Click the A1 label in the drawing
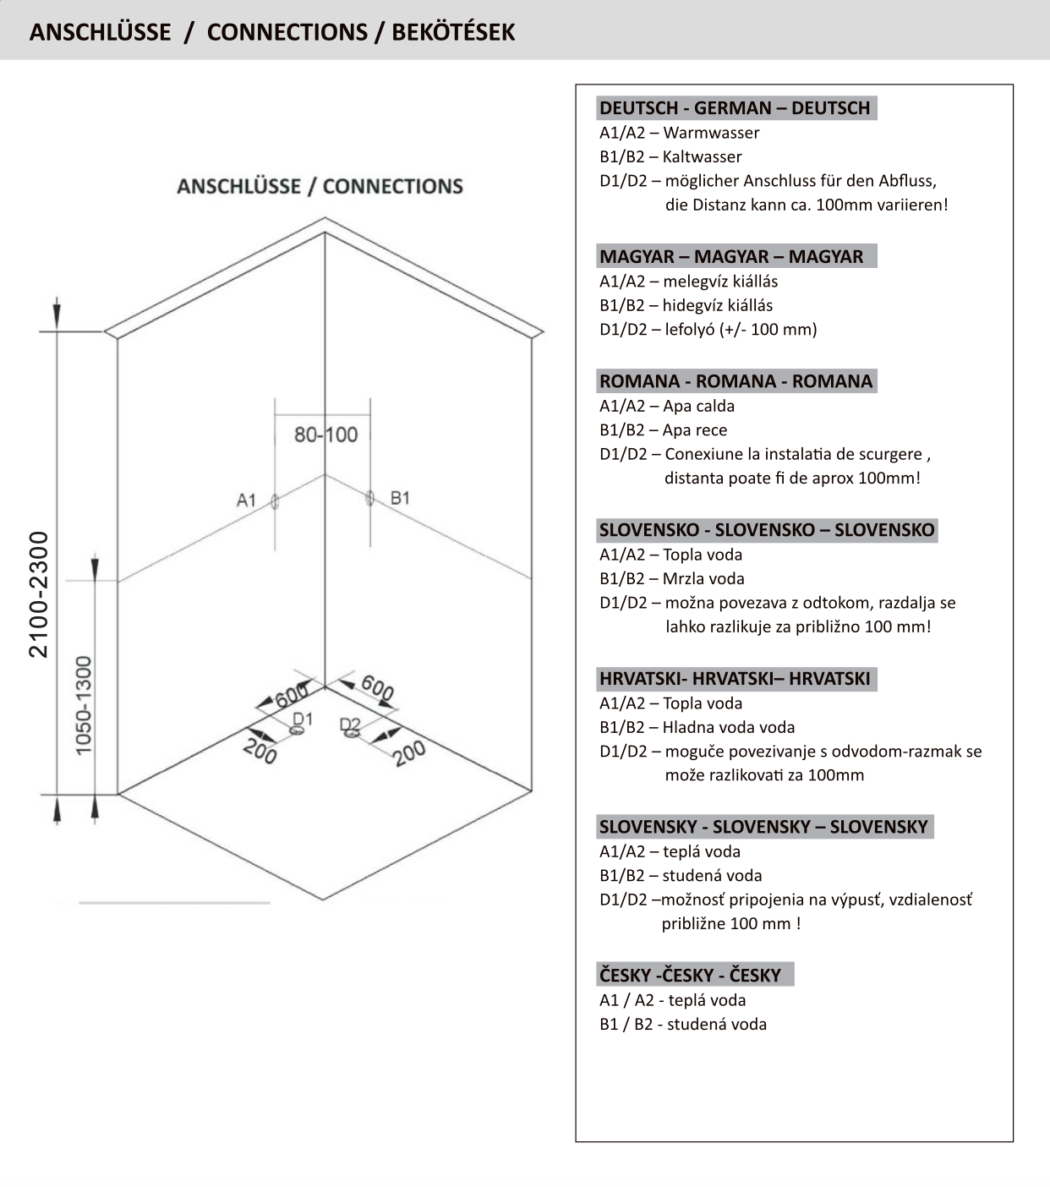(246, 500)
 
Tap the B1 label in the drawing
(400, 497)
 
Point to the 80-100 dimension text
(325, 435)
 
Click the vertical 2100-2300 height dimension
(39, 593)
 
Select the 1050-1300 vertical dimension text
(83, 706)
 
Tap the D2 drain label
(349, 725)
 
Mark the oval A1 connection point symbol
(275, 502)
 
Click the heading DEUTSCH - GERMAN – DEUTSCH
(734, 108)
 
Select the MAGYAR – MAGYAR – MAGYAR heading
(731, 256)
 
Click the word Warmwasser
(711, 133)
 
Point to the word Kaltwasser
(702, 156)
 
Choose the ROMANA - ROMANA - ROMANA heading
(736, 381)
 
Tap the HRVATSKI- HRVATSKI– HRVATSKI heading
(734, 678)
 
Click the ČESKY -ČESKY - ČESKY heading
(690, 975)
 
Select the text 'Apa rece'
(695, 429)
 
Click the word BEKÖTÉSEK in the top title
(453, 32)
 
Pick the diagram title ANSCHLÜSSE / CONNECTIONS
(320, 186)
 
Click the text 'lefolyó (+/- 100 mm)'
(741, 329)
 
